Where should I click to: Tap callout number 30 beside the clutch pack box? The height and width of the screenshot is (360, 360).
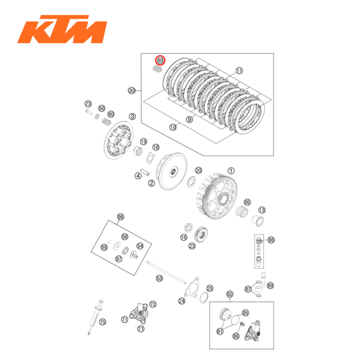[132, 91]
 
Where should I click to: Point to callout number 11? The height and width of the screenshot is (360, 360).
[240, 71]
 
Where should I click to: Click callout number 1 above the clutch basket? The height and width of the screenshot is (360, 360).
[231, 170]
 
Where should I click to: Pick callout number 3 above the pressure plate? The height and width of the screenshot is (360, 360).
[132, 116]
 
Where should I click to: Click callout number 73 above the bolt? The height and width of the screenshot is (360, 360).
[88, 104]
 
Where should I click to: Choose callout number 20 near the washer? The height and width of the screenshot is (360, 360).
[199, 170]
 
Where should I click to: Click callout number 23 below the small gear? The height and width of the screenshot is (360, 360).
[192, 246]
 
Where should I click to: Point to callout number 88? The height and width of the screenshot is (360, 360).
[271, 239]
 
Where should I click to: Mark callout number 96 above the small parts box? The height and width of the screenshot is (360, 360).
[120, 217]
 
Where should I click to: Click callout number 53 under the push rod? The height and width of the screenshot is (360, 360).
[159, 278]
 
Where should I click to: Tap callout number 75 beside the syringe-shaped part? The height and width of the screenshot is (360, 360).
[103, 322]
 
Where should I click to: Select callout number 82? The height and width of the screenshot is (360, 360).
[230, 294]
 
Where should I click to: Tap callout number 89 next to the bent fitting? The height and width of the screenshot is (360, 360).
[270, 285]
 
